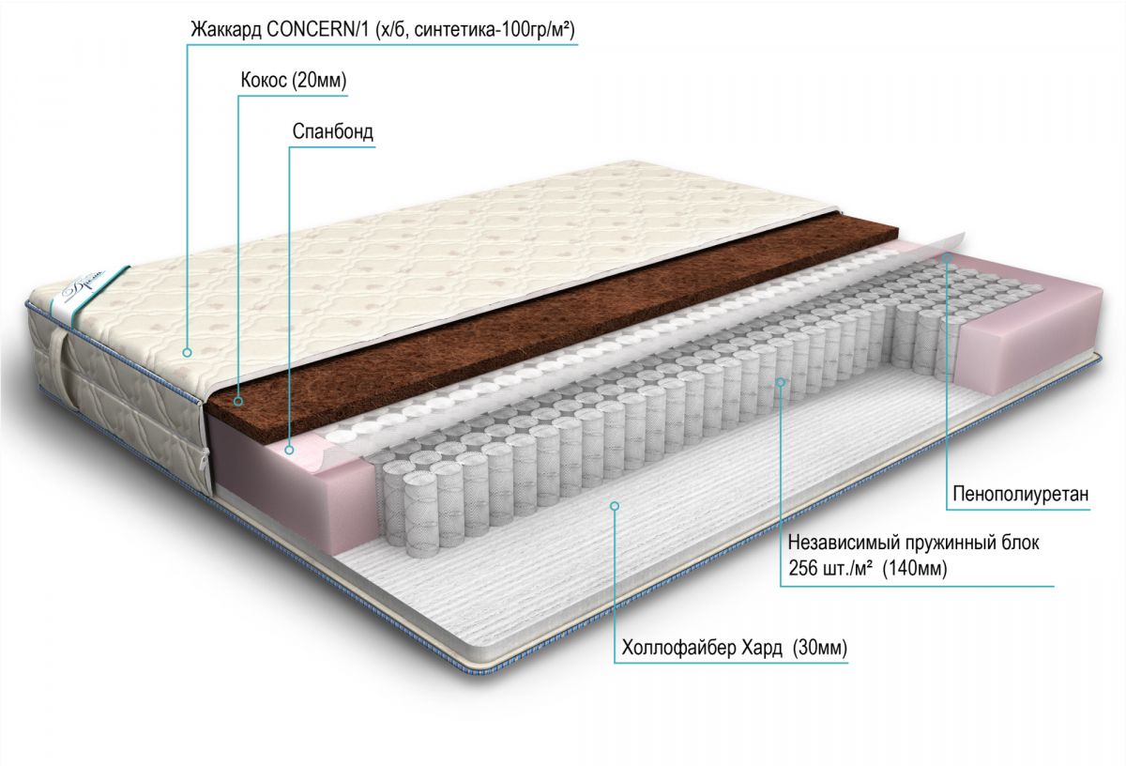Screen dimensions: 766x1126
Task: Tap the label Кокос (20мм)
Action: (293, 82)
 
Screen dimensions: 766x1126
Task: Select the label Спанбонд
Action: (332, 131)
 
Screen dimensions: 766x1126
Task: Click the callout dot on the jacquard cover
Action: (188, 353)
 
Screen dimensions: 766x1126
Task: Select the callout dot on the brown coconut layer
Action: (238, 401)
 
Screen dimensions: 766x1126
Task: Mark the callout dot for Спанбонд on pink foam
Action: (290, 451)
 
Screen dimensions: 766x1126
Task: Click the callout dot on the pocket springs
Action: (781, 381)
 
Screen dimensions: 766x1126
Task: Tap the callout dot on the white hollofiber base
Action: (615, 506)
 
